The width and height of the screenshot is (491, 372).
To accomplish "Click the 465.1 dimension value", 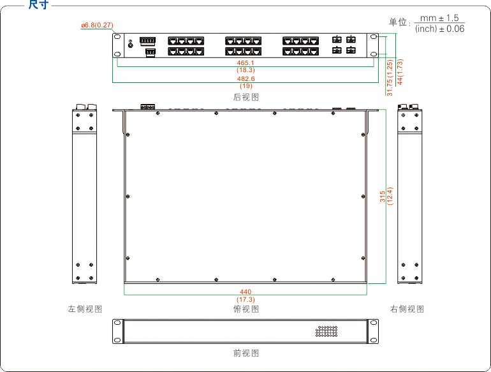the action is tap(246, 63).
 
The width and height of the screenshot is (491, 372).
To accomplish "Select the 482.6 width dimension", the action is tap(246, 78).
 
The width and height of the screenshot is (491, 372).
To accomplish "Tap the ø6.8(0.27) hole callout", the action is tap(97, 25).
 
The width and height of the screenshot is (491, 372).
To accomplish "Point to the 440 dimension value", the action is tap(246, 292).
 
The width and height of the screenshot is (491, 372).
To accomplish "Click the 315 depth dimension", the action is tap(383, 197).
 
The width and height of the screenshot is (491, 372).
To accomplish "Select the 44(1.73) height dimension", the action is tap(400, 71).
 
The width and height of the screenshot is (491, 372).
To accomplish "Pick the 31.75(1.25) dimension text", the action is tap(390, 78).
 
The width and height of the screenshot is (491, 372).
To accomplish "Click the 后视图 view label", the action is tap(246, 97).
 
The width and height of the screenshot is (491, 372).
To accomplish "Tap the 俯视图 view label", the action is tap(246, 309).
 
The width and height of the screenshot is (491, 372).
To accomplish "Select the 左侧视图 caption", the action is tap(85, 309).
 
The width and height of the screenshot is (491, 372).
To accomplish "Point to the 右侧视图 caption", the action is tap(407, 309).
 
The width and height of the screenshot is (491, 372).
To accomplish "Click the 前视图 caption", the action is tap(246, 353).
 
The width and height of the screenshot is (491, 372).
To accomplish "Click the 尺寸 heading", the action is tap(38, 4).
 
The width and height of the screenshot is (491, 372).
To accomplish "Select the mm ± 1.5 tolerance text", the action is tap(439, 18).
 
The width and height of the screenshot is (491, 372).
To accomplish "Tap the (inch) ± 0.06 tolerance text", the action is tap(439, 29).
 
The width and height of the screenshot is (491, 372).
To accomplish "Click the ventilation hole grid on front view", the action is tap(326, 331).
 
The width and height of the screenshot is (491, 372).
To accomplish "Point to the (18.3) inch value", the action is tap(246, 70).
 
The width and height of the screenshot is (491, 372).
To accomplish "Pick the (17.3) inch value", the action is tap(246, 300).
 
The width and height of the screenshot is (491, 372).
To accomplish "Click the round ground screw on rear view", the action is tap(131, 45).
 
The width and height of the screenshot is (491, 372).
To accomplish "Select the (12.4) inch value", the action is tap(390, 197).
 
